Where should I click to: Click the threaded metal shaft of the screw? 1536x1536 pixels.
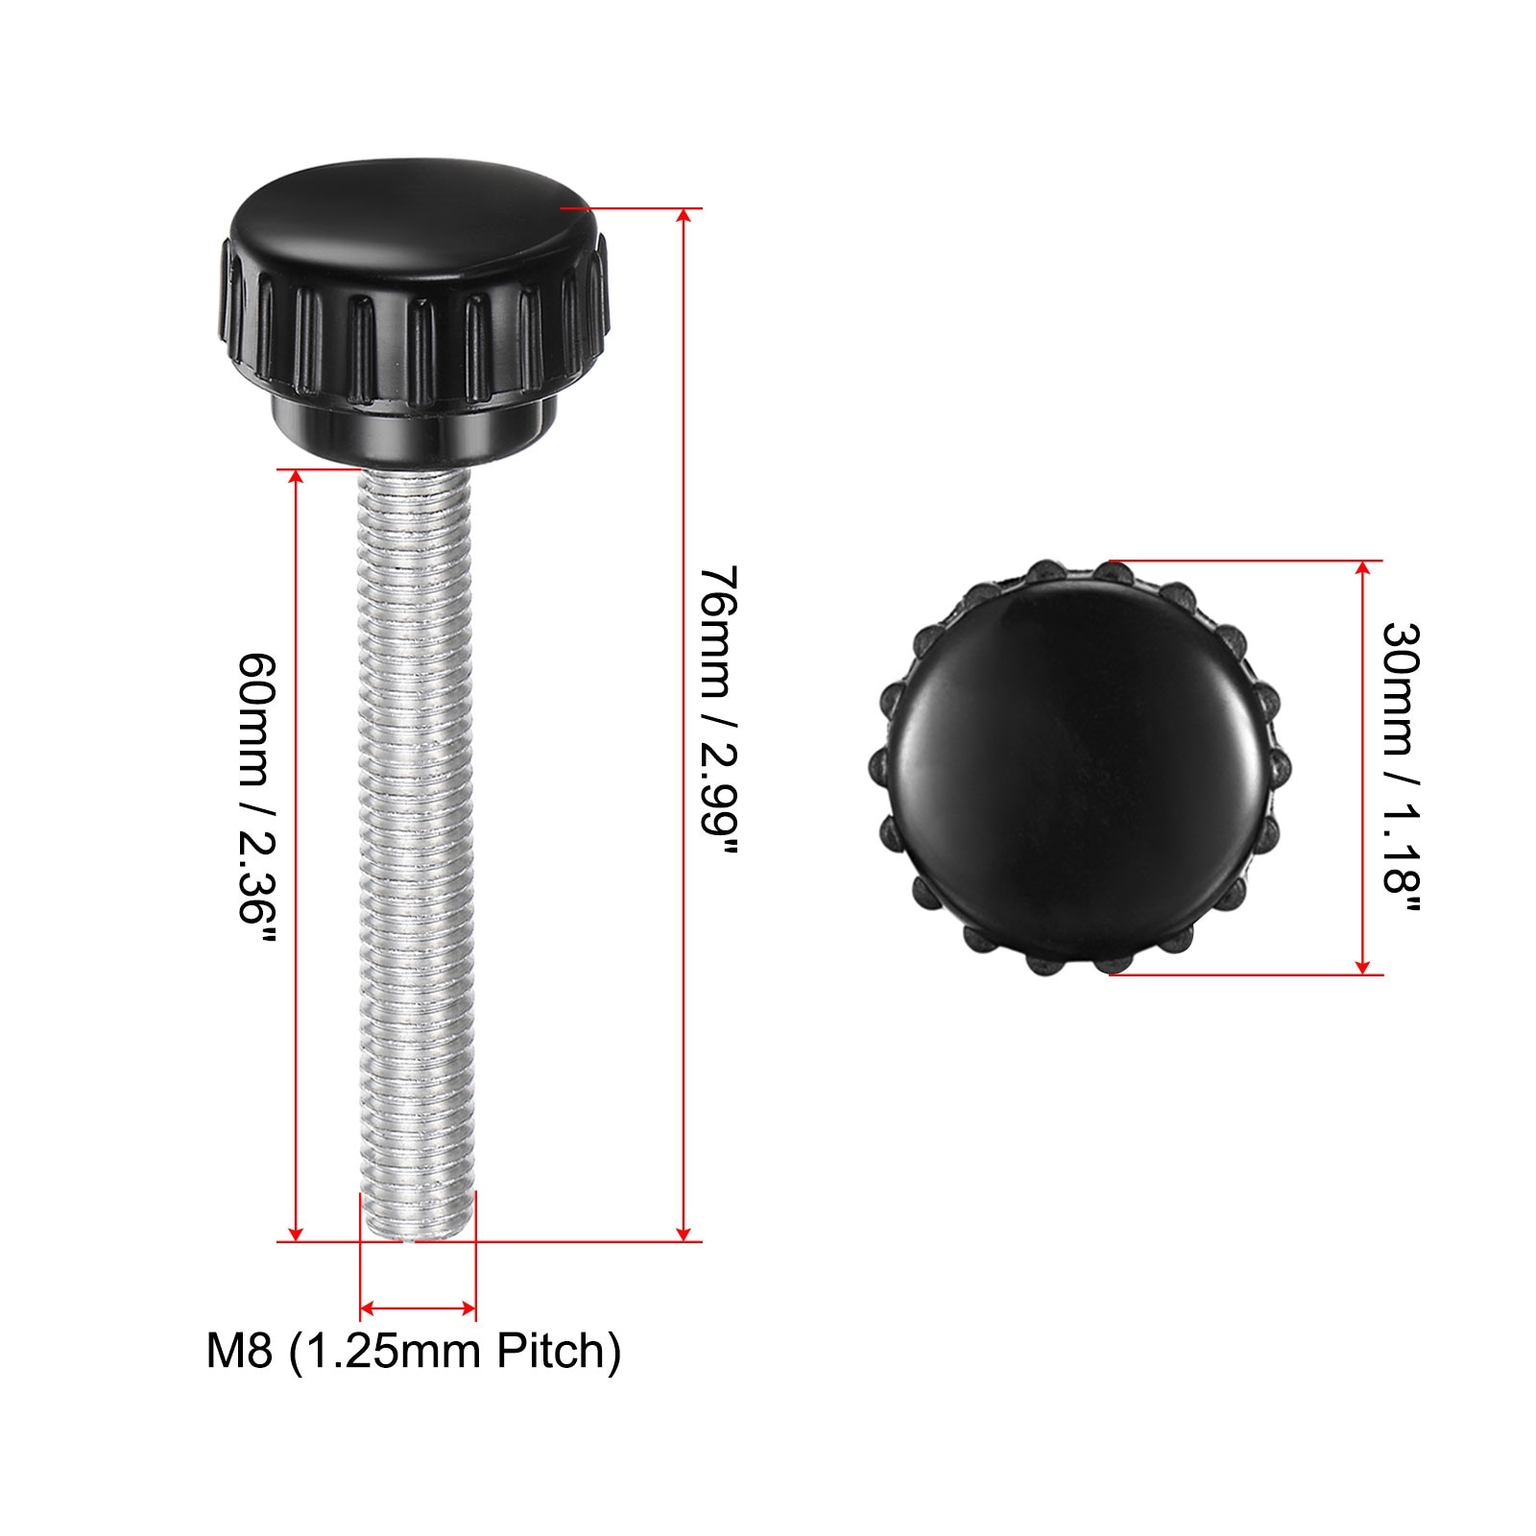[x=417, y=854]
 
